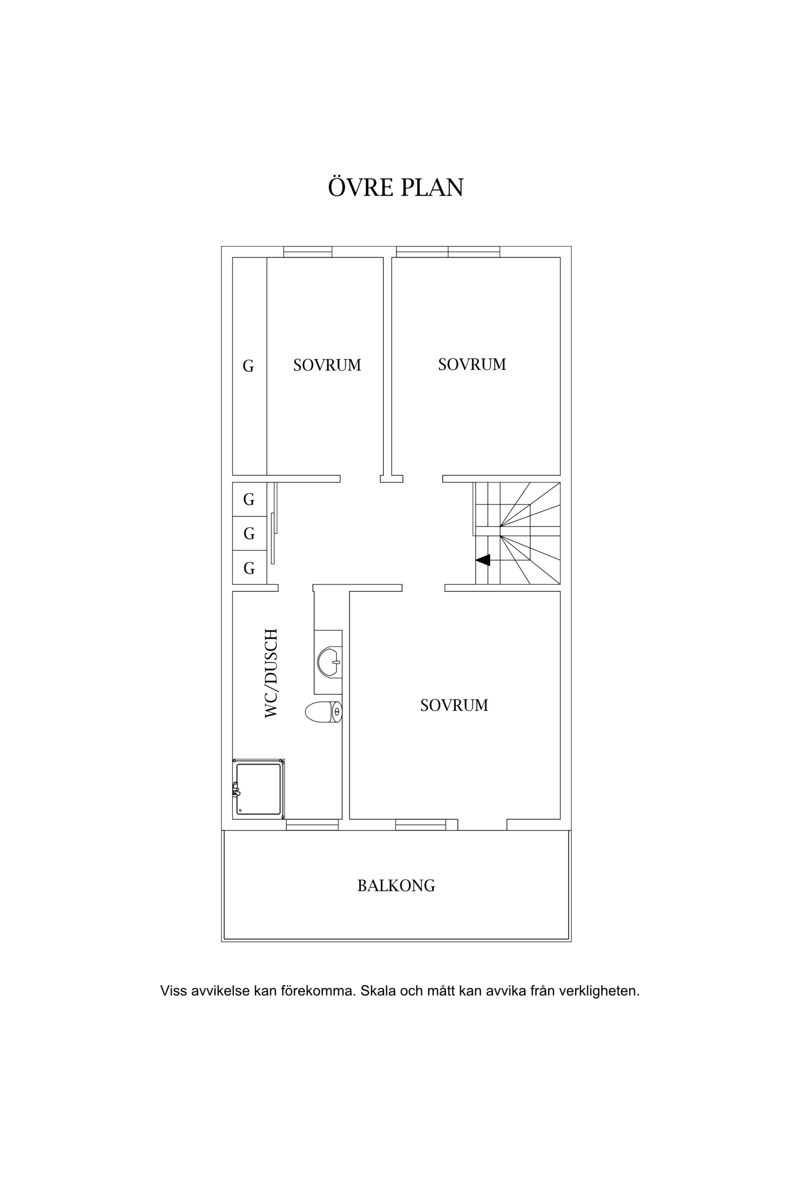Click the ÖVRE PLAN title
396,187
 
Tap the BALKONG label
396,886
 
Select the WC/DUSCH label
270,673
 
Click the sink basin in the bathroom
329,662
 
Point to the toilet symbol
324,712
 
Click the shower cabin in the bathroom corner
259,789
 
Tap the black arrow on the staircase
483,560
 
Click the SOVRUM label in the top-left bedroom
327,365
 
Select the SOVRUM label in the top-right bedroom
472,364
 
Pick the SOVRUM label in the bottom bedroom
454,705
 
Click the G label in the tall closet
248,366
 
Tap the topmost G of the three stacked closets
249,499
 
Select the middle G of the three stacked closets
249,534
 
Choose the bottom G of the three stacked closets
249,568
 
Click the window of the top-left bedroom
308,252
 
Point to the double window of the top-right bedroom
448,252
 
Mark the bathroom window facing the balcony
313,825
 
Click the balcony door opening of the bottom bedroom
483,825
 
